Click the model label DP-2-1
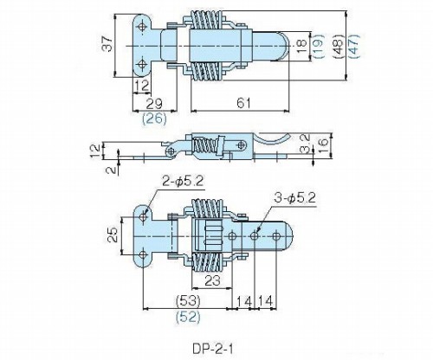coord(212,349)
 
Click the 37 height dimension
coord(107,43)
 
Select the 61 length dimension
coord(244,103)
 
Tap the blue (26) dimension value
coord(154,119)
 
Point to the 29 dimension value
coord(154,103)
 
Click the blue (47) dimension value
coord(354,46)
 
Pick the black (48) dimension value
coord(339,47)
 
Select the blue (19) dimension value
coord(318,46)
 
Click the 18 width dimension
coord(301,46)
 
